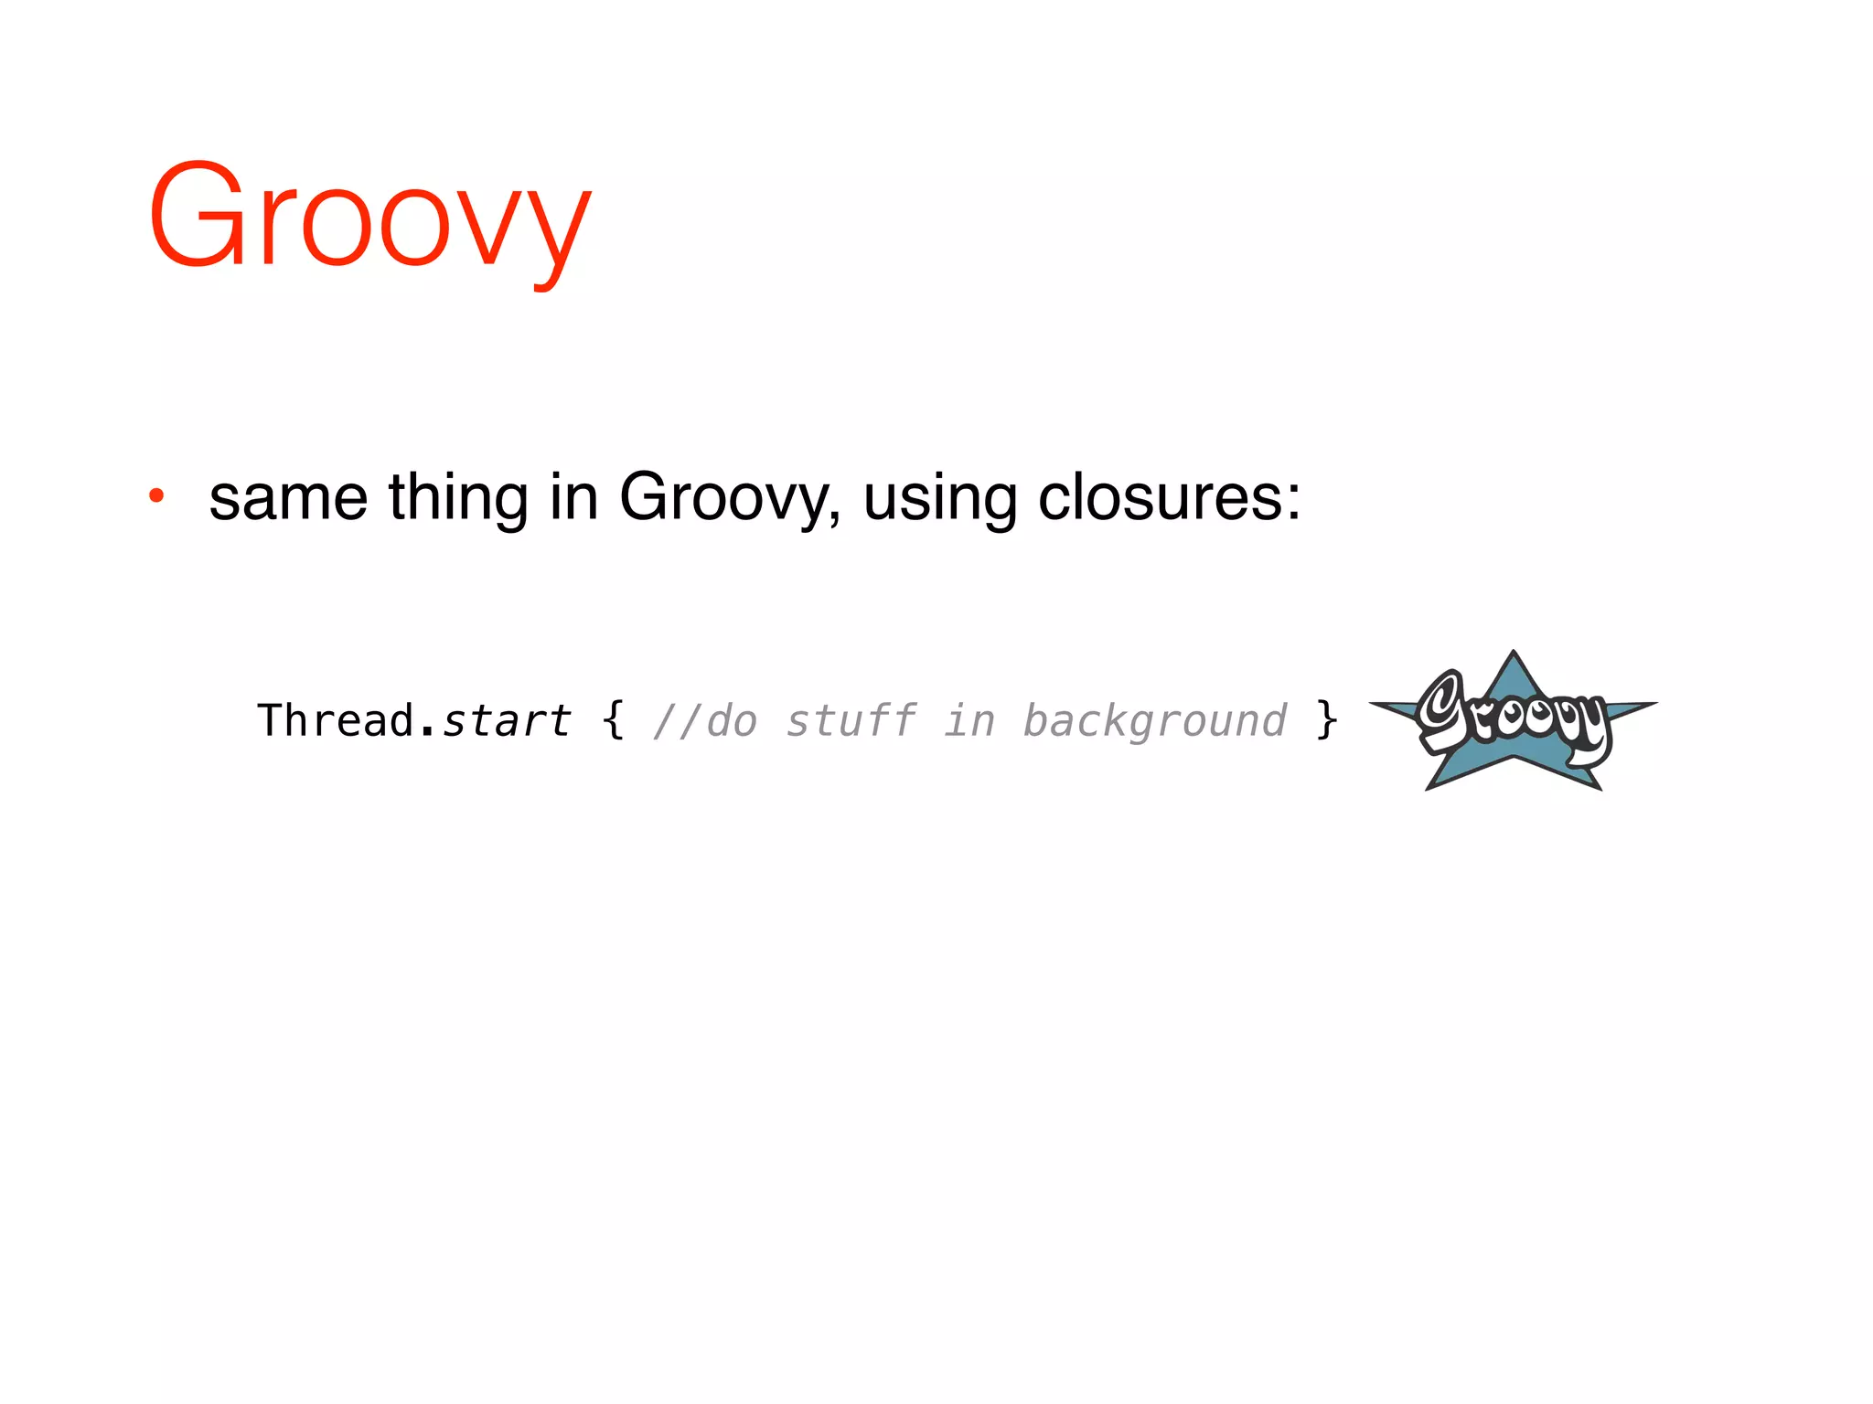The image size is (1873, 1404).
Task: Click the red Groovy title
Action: (x=369, y=219)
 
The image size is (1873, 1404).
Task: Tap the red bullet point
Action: (x=156, y=496)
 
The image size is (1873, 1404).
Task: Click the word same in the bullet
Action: (x=288, y=498)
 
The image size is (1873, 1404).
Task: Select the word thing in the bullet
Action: (x=458, y=498)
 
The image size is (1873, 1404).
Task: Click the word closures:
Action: (x=1169, y=498)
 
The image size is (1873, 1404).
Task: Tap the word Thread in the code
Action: (x=336, y=720)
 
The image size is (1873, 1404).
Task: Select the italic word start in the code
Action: (x=507, y=720)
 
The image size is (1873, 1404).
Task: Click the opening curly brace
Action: (x=614, y=720)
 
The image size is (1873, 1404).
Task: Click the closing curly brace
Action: (x=1326, y=720)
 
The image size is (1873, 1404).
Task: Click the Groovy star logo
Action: (x=1514, y=722)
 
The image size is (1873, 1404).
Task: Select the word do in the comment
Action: (x=732, y=720)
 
